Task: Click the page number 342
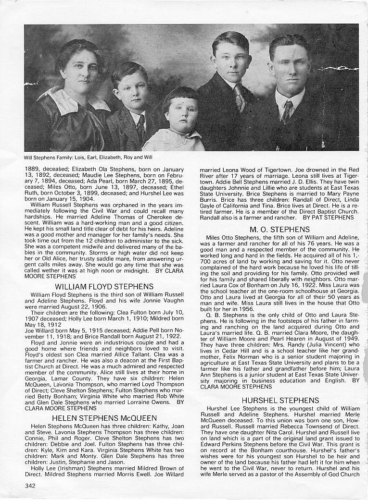(30, 486)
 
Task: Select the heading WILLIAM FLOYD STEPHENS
(104, 286)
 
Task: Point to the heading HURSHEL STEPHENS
(280, 400)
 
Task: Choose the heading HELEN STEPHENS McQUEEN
(104, 417)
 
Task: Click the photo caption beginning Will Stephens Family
(89, 158)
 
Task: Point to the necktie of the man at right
(287, 112)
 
